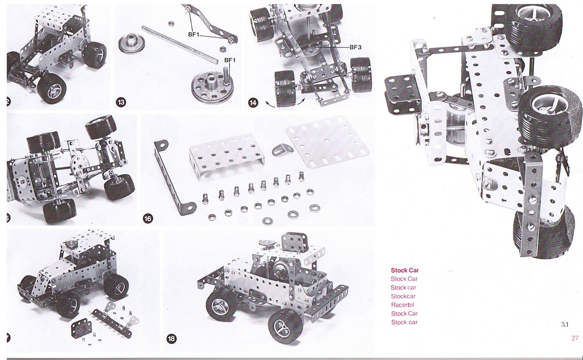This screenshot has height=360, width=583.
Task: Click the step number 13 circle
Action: click(121, 102)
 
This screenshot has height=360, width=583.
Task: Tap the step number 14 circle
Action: click(253, 102)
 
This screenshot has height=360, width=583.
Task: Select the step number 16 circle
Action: click(148, 219)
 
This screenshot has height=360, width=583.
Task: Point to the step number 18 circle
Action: click(172, 338)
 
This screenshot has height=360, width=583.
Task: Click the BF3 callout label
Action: click(356, 47)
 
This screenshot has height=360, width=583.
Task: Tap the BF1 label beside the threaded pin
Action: click(230, 60)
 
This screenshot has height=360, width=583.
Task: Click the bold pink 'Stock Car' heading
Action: click(405, 270)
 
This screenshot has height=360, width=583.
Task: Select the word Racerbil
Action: click(402, 305)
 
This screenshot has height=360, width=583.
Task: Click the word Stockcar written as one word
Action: click(403, 296)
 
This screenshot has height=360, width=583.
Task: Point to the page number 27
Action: click(575, 338)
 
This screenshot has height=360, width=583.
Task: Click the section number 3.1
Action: click(565, 324)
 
